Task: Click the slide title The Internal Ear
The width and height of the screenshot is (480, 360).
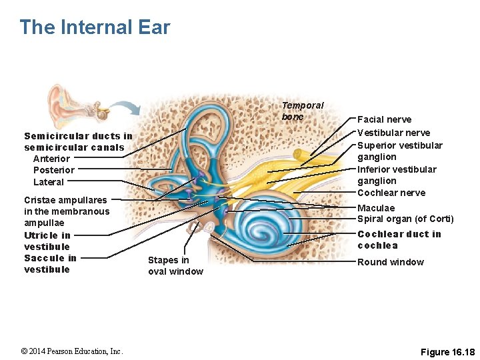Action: [95, 27]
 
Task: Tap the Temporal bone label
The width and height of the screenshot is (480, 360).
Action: [302, 111]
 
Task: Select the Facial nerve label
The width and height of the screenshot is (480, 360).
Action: [384, 119]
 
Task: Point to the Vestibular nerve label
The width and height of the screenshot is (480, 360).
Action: [393, 133]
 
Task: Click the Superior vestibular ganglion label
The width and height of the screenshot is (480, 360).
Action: [399, 151]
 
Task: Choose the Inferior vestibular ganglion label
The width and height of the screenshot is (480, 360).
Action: [397, 175]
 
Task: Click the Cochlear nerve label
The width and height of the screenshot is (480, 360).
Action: [391, 193]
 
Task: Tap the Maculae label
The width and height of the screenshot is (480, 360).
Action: [376, 208]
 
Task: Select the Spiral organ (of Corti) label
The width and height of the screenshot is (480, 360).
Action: [405, 219]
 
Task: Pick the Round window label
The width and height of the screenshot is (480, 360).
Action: [390, 262]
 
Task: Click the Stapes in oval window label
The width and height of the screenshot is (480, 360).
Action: [175, 265]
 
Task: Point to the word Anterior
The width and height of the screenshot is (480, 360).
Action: [51, 159]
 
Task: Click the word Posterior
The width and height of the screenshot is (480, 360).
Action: [54, 170]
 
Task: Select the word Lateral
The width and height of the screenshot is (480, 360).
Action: [49, 182]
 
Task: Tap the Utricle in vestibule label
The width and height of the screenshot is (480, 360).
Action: [47, 241]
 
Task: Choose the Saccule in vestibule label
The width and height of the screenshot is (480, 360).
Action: [50, 263]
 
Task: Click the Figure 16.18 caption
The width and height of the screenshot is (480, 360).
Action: [448, 352]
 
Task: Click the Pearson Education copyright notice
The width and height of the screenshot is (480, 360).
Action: [71, 351]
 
